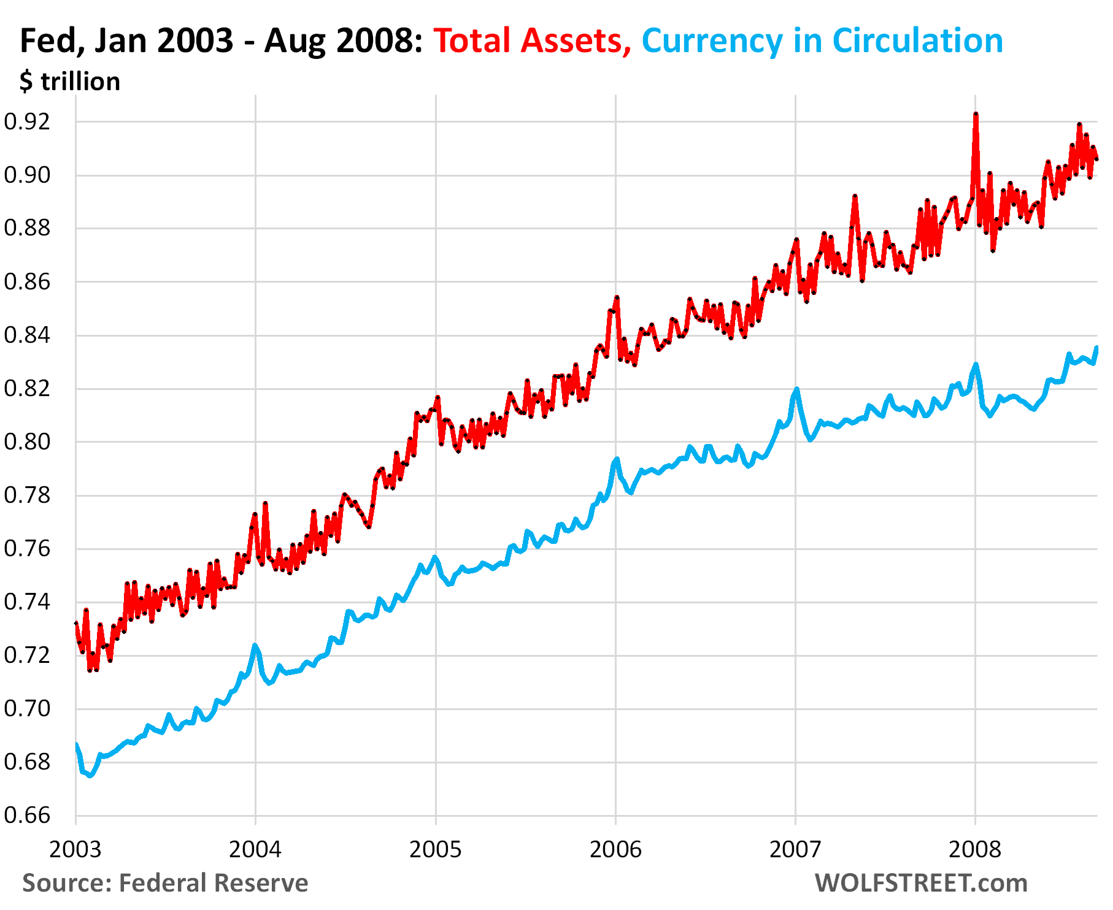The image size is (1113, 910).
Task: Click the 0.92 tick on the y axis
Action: [27, 121]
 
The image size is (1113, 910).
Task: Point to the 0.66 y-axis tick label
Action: [27, 815]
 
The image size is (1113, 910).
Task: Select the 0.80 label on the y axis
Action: [27, 442]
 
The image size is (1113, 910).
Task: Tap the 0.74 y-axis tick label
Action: [27, 602]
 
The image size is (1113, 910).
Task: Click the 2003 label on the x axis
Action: [75, 849]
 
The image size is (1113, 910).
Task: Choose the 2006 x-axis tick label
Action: [615, 849]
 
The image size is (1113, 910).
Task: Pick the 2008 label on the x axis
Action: [974, 849]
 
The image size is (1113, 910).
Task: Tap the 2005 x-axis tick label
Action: [436, 849]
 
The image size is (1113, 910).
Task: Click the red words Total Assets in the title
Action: [531, 41]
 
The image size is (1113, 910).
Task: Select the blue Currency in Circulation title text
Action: [822, 41]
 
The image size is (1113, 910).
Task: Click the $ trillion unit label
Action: [70, 82]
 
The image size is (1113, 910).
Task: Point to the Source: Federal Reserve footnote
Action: [165, 883]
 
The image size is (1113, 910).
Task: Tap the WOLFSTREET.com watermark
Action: [921, 883]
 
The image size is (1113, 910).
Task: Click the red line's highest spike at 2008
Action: [976, 114]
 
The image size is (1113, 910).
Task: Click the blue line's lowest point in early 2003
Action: [90, 776]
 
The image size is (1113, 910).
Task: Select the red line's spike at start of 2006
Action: [617, 297]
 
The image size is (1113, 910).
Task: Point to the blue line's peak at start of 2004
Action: [255, 645]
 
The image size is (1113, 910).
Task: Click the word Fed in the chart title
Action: [46, 41]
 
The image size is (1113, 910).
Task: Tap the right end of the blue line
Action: [1096, 348]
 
